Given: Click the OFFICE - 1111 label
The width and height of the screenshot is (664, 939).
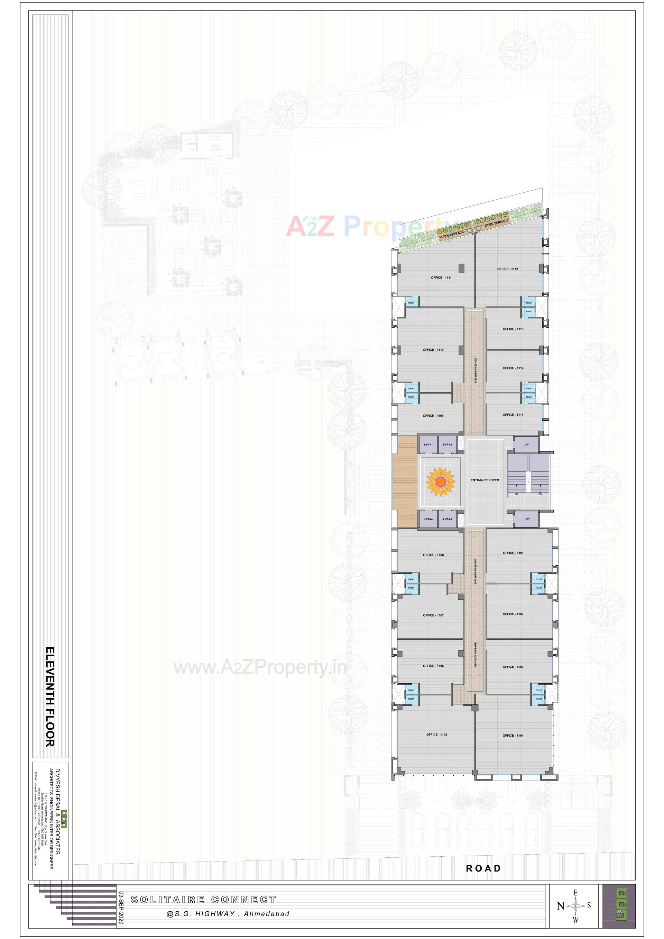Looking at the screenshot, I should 441,278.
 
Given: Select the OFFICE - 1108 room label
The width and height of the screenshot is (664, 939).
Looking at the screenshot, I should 433,555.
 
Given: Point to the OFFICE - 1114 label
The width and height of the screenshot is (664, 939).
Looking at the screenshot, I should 513,368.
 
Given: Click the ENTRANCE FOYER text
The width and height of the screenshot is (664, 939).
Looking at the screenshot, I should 485,480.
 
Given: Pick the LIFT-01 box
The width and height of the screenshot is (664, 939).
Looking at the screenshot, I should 428,445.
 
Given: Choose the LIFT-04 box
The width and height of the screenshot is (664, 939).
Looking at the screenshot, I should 428,519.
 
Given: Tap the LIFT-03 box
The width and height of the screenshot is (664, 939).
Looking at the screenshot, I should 447,519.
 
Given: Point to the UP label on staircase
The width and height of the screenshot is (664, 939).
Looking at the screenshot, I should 516,494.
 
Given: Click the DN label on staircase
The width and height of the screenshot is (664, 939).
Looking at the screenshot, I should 540,494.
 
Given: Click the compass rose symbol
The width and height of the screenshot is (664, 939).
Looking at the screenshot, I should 575,905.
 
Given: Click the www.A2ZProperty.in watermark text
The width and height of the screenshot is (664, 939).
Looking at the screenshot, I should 260,668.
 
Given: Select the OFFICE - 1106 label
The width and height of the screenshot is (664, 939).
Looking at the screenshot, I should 433,666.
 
